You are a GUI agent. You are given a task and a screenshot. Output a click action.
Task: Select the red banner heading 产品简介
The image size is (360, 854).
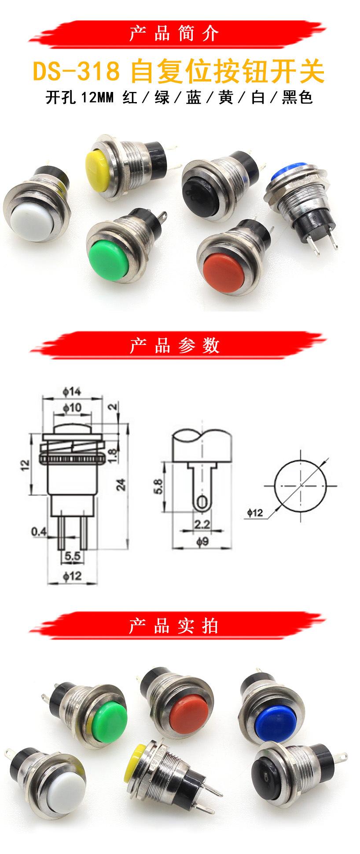coord(174,34)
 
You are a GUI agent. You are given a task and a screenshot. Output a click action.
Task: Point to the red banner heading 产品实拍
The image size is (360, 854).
coord(174,626)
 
